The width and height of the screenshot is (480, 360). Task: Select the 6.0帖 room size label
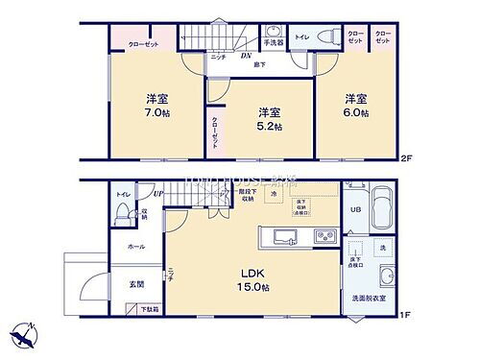pos(357,105)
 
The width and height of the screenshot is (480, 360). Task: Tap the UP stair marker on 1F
pos(157,194)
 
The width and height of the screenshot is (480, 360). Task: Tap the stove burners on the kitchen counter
pos(324,235)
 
